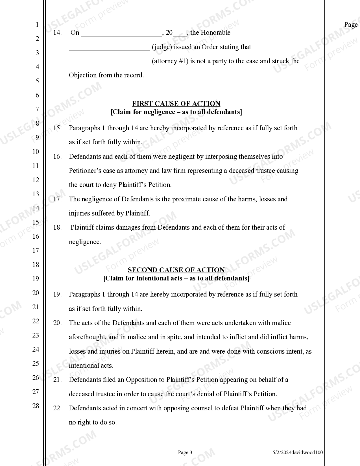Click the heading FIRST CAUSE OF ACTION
coord(176,104)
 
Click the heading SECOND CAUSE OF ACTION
coord(176,270)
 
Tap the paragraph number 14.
coord(57,33)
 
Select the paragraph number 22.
coord(57,408)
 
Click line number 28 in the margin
coord(36,406)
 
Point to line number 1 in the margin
coord(37,25)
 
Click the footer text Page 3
coord(185,452)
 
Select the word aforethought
coord(87,337)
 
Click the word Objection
coord(83,75)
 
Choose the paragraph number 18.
coord(57,228)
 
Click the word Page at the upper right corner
coord(351,25)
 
